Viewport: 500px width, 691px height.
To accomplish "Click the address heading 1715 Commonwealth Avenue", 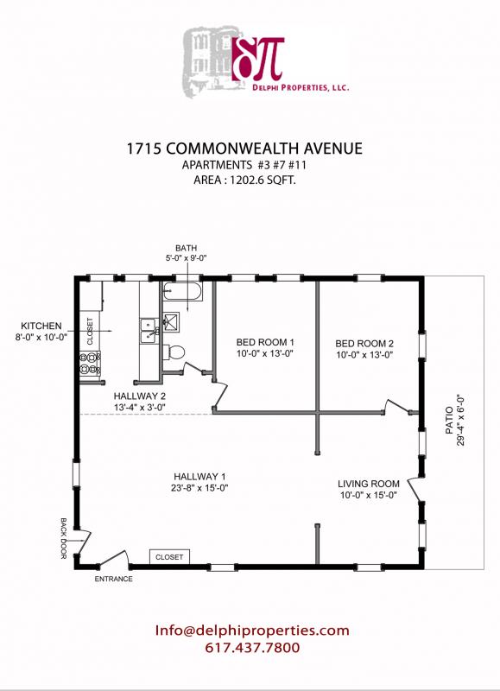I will point(250,148).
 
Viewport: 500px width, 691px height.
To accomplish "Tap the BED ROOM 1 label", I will point(266,342).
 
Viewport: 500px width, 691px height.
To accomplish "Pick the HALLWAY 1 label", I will point(199,477).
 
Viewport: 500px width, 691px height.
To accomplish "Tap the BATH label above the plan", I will point(187,246).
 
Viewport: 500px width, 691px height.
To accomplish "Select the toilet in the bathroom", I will point(176,351).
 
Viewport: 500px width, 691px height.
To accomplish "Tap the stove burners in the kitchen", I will point(88,364).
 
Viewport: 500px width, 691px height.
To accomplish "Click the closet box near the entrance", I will point(169,557).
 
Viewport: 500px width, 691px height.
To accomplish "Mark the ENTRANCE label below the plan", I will point(113,579).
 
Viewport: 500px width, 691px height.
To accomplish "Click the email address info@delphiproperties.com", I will point(252,631).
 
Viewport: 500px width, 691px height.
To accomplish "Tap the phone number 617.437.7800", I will point(252,648).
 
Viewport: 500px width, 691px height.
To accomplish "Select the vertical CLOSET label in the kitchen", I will point(89,328).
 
